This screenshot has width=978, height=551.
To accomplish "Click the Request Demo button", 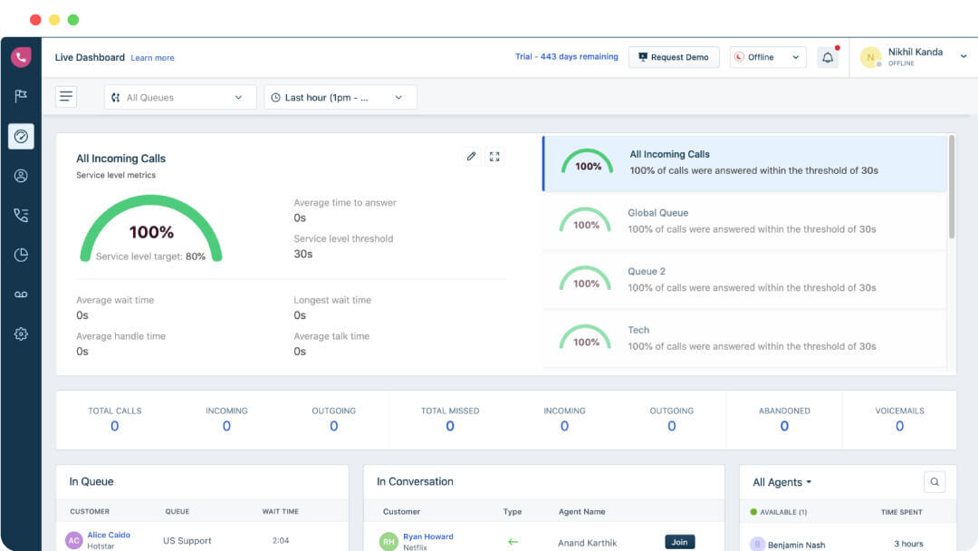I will [674, 57].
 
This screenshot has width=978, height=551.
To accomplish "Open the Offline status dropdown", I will [768, 57].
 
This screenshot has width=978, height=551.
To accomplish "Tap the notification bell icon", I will [828, 57].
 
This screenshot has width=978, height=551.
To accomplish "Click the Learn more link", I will [152, 58].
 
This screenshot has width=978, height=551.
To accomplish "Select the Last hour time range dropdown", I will [340, 97].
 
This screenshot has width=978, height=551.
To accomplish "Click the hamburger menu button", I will [66, 97].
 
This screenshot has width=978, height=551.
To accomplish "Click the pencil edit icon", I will [471, 156].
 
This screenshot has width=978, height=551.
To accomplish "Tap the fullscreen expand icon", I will [494, 156].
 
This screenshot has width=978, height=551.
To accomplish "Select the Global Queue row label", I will [657, 213].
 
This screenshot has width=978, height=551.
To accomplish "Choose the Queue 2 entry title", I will [647, 272].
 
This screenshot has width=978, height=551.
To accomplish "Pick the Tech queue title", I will [638, 330].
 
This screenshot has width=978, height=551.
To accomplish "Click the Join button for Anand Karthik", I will [679, 542].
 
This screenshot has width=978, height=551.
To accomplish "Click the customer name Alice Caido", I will [109, 535].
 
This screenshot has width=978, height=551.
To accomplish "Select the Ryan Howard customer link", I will [428, 536].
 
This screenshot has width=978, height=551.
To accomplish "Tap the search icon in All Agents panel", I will [935, 482].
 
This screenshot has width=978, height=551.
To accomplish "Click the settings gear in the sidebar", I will [21, 333].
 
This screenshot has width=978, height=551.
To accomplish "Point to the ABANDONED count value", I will [784, 426].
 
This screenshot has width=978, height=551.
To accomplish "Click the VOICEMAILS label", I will [899, 411].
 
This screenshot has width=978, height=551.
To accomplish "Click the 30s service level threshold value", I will [303, 254].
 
